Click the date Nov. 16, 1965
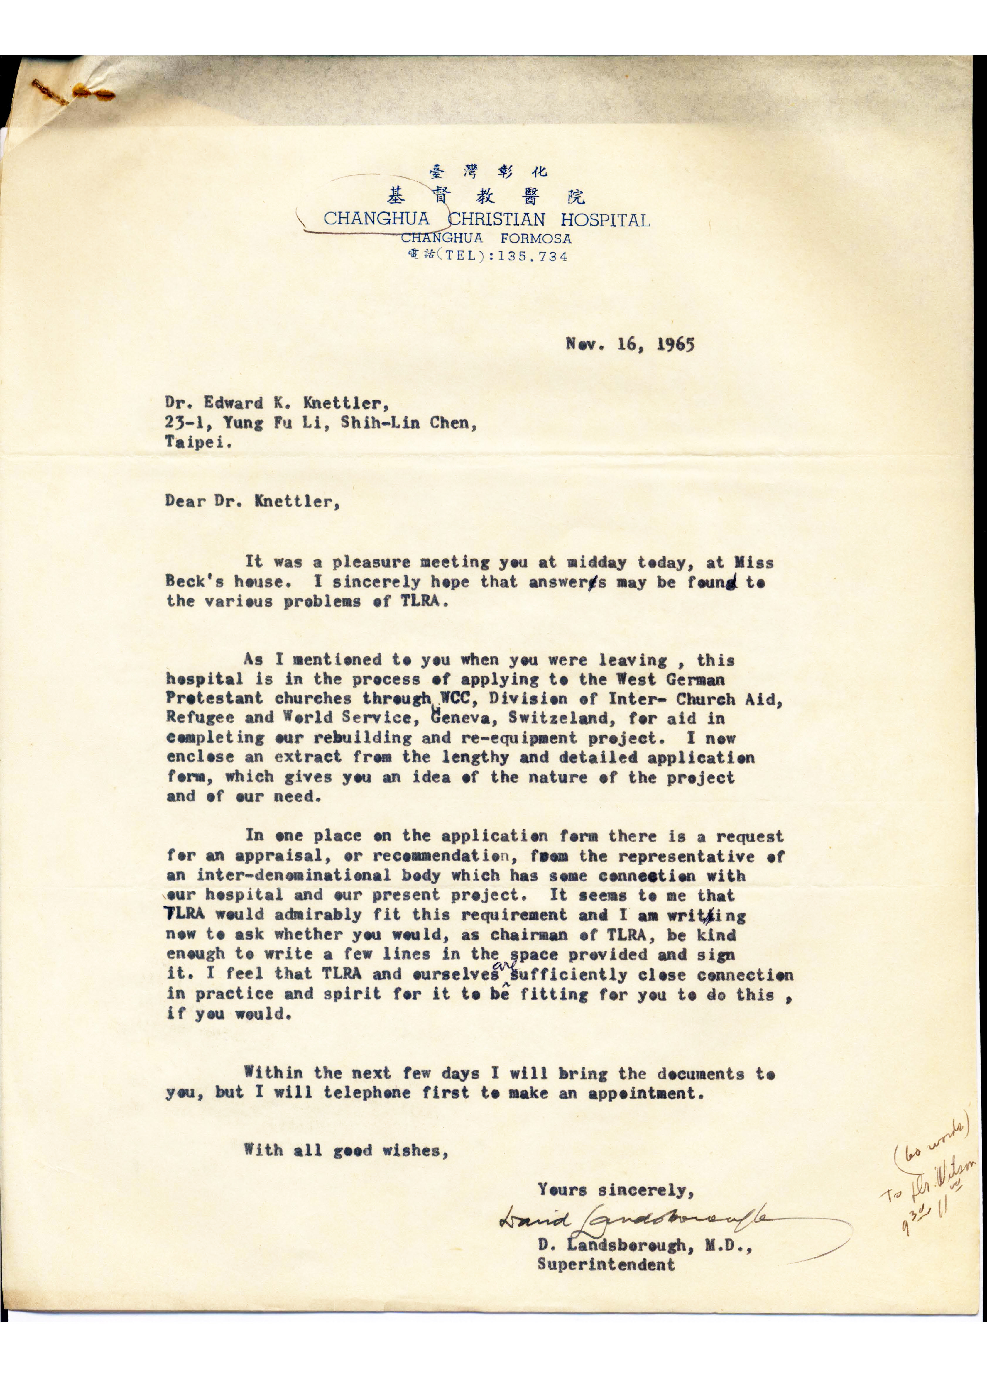point(630,345)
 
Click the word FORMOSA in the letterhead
point(536,238)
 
